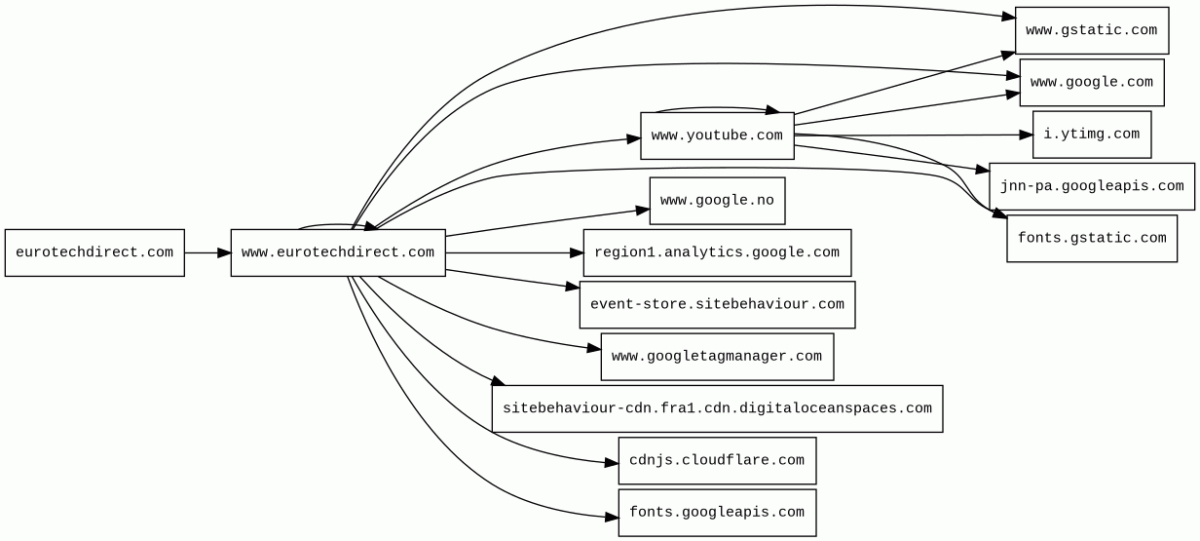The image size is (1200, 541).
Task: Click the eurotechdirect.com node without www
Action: click(x=94, y=252)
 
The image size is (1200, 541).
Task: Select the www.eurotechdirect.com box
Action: click(x=338, y=252)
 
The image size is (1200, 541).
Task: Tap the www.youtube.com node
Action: click(x=717, y=135)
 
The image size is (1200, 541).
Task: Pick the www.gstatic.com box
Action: click(x=1091, y=30)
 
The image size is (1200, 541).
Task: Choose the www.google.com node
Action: click(x=1091, y=82)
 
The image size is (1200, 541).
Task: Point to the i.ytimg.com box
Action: click(x=1091, y=135)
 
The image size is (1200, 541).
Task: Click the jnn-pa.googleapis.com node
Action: click(x=1091, y=186)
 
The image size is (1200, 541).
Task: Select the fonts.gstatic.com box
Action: click(x=1091, y=239)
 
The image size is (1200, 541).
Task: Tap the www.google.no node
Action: click(x=717, y=201)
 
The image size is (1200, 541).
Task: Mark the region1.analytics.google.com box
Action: click(x=717, y=252)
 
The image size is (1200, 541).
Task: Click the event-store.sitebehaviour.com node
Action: click(x=717, y=305)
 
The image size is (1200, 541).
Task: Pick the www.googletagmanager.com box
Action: click(x=717, y=357)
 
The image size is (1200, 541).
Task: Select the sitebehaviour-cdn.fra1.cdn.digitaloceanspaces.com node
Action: click(x=717, y=408)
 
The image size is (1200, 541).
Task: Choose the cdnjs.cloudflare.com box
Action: click(x=717, y=460)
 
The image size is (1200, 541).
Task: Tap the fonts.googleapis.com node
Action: click(x=717, y=513)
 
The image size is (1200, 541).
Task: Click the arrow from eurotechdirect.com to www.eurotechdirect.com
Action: click(x=206, y=252)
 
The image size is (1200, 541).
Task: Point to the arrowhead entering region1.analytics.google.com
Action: click(x=576, y=252)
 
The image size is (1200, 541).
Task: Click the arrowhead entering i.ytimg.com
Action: click(x=1025, y=135)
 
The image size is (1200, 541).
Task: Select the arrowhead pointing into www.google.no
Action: click(x=642, y=210)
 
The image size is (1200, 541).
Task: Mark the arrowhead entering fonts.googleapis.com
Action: click(x=611, y=516)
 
